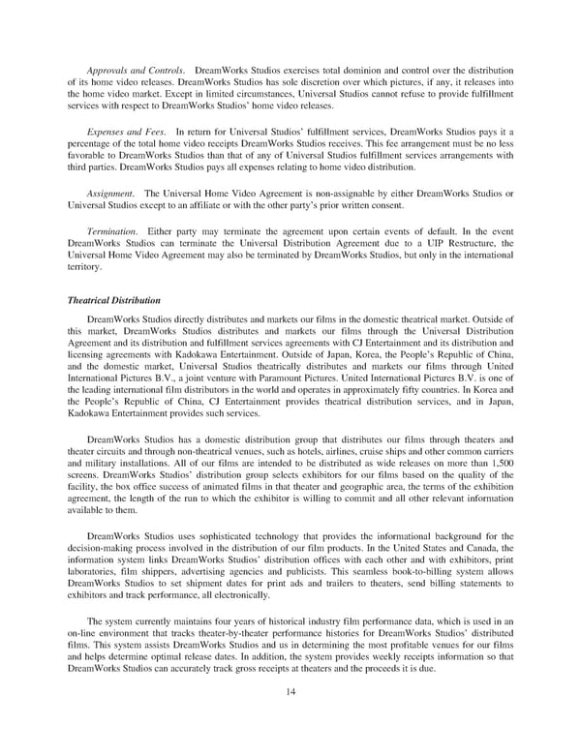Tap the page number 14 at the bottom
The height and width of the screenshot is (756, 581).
pyautogui.click(x=290, y=692)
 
